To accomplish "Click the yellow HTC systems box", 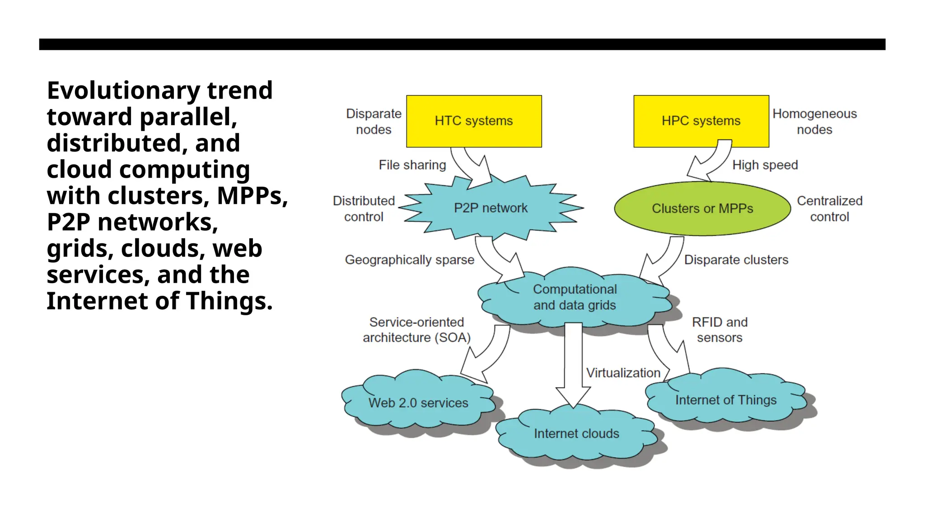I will coord(474,121).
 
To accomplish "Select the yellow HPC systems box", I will coord(701,121).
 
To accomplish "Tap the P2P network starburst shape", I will coord(491,208).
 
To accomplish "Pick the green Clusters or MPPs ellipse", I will coord(702,208).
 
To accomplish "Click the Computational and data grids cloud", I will coord(575,297).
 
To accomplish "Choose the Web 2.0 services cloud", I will coord(418,403).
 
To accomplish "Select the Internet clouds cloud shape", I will coord(576,434).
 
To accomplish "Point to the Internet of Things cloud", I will coord(726,400).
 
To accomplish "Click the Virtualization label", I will coord(623,373).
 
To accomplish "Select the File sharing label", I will coord(412,165).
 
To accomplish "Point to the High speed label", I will coord(765,165).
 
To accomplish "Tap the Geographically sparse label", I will coord(410,260).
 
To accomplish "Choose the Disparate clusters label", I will coord(736,260).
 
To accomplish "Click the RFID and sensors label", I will coord(720,330).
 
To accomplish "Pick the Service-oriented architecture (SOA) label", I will coord(416,330).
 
